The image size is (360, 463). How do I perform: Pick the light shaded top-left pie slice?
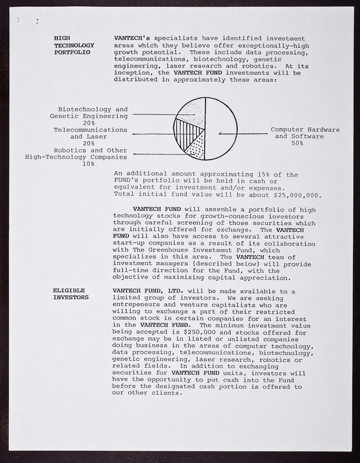(193, 113)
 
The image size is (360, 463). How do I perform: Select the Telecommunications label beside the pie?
(90, 130)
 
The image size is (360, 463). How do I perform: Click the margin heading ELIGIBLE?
(69, 290)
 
